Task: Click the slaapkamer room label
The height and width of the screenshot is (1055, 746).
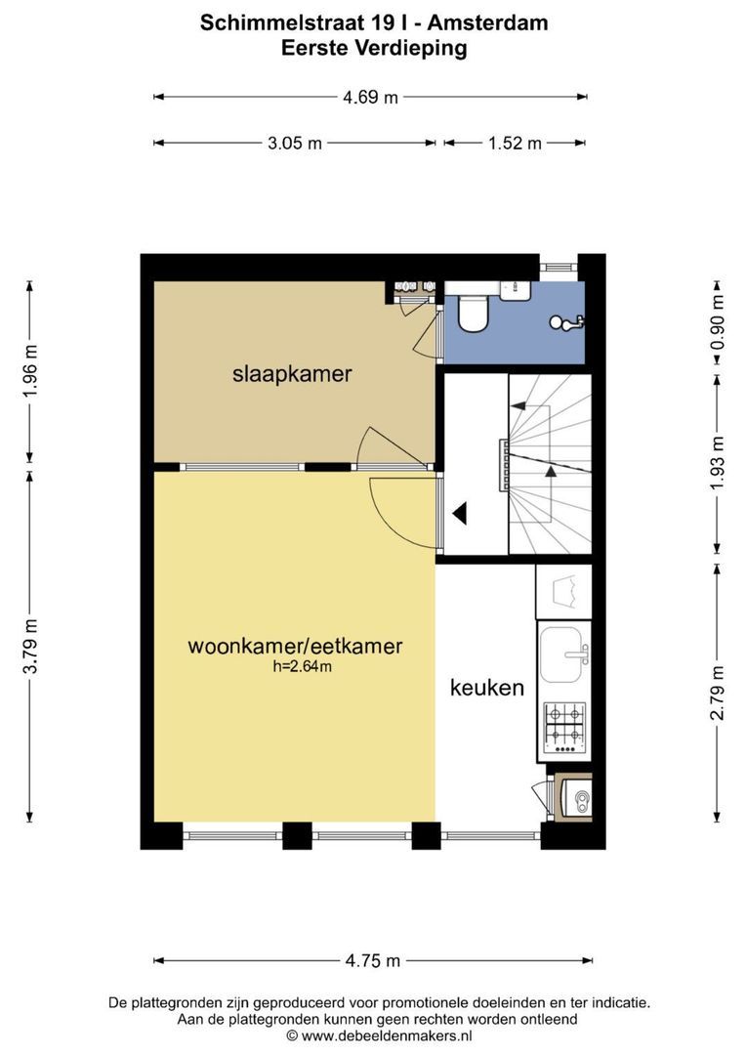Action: (x=292, y=373)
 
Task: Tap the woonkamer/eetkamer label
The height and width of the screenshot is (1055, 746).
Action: (x=295, y=646)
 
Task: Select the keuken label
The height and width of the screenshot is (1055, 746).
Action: (x=486, y=688)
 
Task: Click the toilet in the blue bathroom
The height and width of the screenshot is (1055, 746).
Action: (x=473, y=313)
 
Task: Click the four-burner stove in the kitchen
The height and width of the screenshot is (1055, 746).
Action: (x=564, y=728)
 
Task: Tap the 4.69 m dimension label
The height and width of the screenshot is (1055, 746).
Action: (x=371, y=97)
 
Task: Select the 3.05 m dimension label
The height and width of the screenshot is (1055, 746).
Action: (x=295, y=143)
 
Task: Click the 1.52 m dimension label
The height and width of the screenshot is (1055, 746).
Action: (x=515, y=143)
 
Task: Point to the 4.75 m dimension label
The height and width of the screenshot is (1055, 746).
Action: (x=373, y=960)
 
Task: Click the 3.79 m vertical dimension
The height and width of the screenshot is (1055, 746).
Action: (x=30, y=646)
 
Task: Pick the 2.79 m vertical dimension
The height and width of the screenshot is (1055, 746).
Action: (x=718, y=693)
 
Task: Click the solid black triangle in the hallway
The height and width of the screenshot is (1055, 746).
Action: (x=460, y=514)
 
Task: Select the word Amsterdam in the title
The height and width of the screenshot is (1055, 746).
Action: (x=487, y=22)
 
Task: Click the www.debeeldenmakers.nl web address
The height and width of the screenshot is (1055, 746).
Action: (x=387, y=1036)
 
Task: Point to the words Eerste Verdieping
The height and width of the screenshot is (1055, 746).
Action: (x=374, y=48)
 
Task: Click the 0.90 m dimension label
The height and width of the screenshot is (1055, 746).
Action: (x=718, y=323)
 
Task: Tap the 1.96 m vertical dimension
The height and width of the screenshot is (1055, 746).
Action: (x=30, y=371)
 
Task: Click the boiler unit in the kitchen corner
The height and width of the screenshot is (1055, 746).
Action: (x=576, y=798)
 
